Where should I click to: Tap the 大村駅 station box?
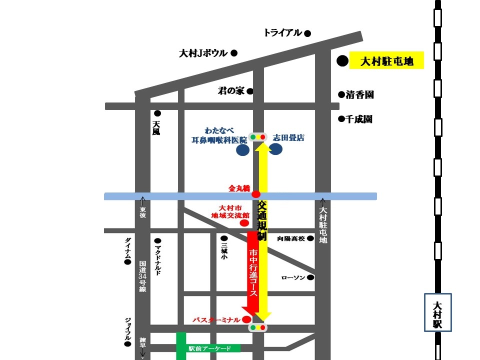[437, 312]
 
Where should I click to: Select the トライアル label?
[283, 33]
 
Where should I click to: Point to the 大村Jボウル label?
[203, 53]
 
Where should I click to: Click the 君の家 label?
[231, 91]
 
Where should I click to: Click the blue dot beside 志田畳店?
[276, 149]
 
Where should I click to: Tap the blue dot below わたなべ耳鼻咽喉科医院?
[243, 150]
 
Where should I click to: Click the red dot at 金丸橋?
[256, 194]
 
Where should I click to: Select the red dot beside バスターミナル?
[246, 319]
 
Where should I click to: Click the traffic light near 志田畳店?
[258, 136]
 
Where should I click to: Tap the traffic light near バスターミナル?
[258, 328]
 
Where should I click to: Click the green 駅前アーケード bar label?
[207, 348]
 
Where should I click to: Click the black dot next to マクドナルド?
[157, 240]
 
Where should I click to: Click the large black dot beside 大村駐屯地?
[342, 61]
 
